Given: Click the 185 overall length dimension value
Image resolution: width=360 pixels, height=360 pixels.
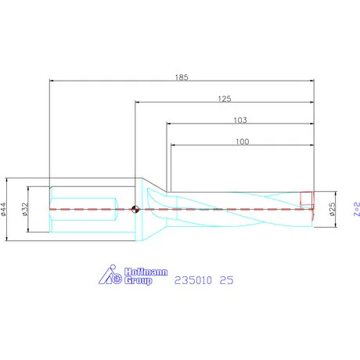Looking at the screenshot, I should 182,77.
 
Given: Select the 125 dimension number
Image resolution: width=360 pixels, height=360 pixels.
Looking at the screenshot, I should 225,99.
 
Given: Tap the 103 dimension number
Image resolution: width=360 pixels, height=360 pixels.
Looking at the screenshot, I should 240,121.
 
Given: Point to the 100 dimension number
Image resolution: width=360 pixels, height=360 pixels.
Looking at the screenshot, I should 242,142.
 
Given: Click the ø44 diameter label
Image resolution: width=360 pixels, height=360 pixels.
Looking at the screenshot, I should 5,209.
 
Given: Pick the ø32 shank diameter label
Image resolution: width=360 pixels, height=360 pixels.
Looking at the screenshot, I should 26,209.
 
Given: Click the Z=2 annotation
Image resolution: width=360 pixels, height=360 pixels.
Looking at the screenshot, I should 356,210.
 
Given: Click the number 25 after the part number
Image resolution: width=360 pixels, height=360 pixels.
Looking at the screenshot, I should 226,279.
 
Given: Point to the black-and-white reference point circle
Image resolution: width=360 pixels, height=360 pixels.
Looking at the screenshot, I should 135,209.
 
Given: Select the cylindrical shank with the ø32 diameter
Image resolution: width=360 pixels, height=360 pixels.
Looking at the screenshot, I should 86,209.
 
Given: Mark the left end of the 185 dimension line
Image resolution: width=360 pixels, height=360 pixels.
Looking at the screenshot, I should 50,81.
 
